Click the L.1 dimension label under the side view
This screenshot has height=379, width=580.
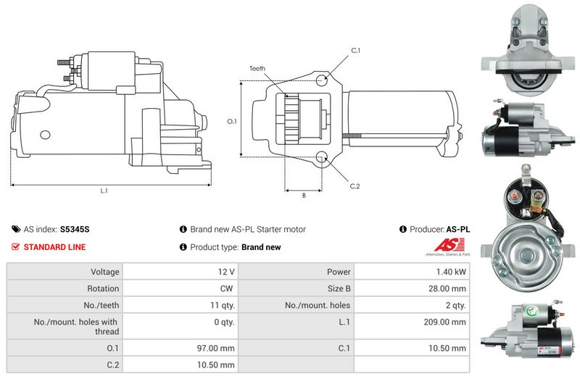[x=104, y=192]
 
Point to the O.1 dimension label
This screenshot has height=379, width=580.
[x=232, y=121]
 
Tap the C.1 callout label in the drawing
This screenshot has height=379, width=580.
[x=356, y=50]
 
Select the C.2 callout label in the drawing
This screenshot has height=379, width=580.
[x=355, y=186]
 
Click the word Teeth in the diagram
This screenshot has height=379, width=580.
[x=257, y=69]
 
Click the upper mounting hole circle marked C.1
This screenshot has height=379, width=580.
[x=323, y=79]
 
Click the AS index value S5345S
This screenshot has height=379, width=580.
[x=75, y=229]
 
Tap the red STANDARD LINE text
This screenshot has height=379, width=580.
[x=54, y=247]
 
